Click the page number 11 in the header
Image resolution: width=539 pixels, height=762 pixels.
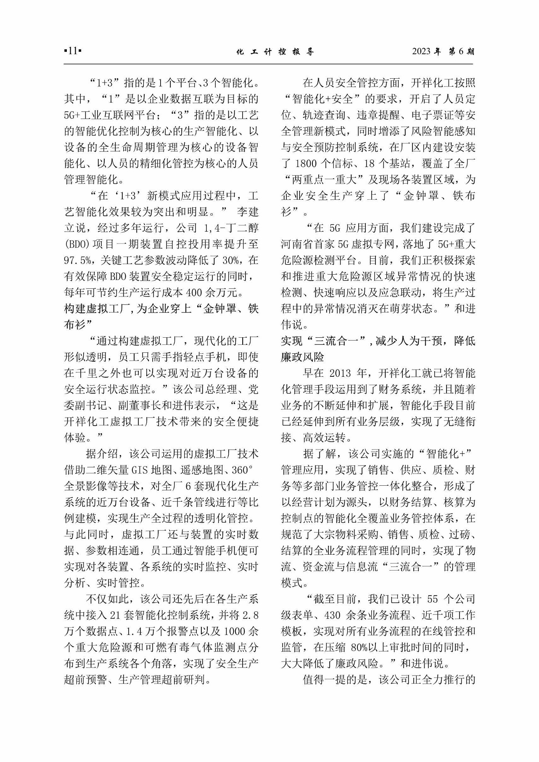click(73, 51)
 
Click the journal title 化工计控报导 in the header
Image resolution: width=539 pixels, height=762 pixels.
click(275, 52)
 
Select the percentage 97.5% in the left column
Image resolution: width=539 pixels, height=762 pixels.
click(77, 260)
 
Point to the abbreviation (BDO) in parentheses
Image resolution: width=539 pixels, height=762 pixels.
click(76, 244)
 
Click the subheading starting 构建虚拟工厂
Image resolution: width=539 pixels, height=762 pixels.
click(161, 309)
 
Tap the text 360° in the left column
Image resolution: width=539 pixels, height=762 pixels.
click(243, 470)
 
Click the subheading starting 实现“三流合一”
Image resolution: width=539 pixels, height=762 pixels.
click(378, 341)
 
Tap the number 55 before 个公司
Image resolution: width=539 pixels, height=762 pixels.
click(433, 599)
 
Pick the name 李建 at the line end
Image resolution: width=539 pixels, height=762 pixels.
click(248, 212)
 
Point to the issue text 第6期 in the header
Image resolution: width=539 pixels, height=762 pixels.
click(462, 51)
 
